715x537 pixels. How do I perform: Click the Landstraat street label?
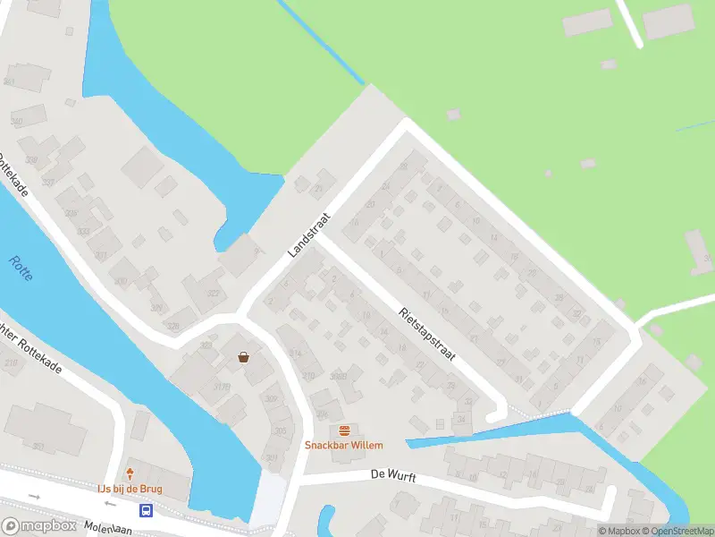click(x=309, y=234)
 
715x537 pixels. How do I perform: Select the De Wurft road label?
click(x=393, y=477)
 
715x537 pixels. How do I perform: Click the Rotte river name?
click(x=21, y=268)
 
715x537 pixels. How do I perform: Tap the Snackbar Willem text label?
click(x=344, y=445)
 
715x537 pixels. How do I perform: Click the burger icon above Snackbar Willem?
click(x=344, y=430)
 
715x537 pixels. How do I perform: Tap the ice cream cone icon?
click(x=130, y=473)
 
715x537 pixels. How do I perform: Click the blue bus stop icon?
click(x=146, y=511)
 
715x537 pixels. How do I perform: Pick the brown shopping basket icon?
click(x=243, y=357)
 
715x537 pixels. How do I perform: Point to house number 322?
click(x=213, y=294)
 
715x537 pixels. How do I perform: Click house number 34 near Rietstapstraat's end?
click(x=462, y=418)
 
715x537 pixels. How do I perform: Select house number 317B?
click(x=221, y=387)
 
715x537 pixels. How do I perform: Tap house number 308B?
click(x=338, y=377)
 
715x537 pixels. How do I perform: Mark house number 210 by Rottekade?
click(x=11, y=363)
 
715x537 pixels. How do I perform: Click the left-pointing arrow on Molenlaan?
click(x=35, y=496)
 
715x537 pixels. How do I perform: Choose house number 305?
click(x=280, y=430)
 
